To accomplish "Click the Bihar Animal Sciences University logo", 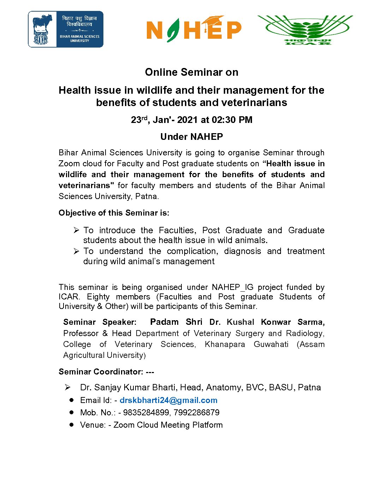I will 66,29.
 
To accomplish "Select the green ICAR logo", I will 305,30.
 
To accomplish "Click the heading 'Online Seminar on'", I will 192,72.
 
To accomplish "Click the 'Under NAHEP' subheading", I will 192,137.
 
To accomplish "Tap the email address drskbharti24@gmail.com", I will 168,400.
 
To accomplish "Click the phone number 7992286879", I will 197,413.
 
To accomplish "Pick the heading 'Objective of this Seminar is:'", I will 114,213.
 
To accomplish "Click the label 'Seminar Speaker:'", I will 100,322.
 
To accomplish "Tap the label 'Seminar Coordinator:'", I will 101,372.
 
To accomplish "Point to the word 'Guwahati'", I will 271,344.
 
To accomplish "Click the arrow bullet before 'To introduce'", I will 76,230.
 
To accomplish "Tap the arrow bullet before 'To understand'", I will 76,251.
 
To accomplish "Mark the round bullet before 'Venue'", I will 72,425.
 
